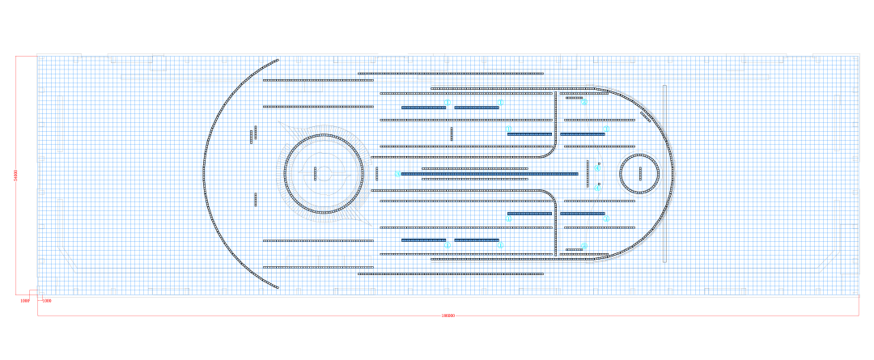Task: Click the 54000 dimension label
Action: [15, 174]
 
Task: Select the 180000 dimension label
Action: [448, 316]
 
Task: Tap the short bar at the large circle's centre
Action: [315, 174]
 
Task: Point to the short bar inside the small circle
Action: [640, 174]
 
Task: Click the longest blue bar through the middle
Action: [490, 174]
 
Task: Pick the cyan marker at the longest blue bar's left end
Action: [397, 174]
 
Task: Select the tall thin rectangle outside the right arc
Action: [664, 173]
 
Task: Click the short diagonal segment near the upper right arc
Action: [646, 116]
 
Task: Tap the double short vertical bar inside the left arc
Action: [254, 134]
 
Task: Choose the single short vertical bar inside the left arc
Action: [255, 199]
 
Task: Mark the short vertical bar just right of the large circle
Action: [376, 174]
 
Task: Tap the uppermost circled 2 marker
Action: [584, 101]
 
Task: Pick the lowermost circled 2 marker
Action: [584, 246]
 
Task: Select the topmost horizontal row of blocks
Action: [451, 74]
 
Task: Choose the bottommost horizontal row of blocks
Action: [451, 274]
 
